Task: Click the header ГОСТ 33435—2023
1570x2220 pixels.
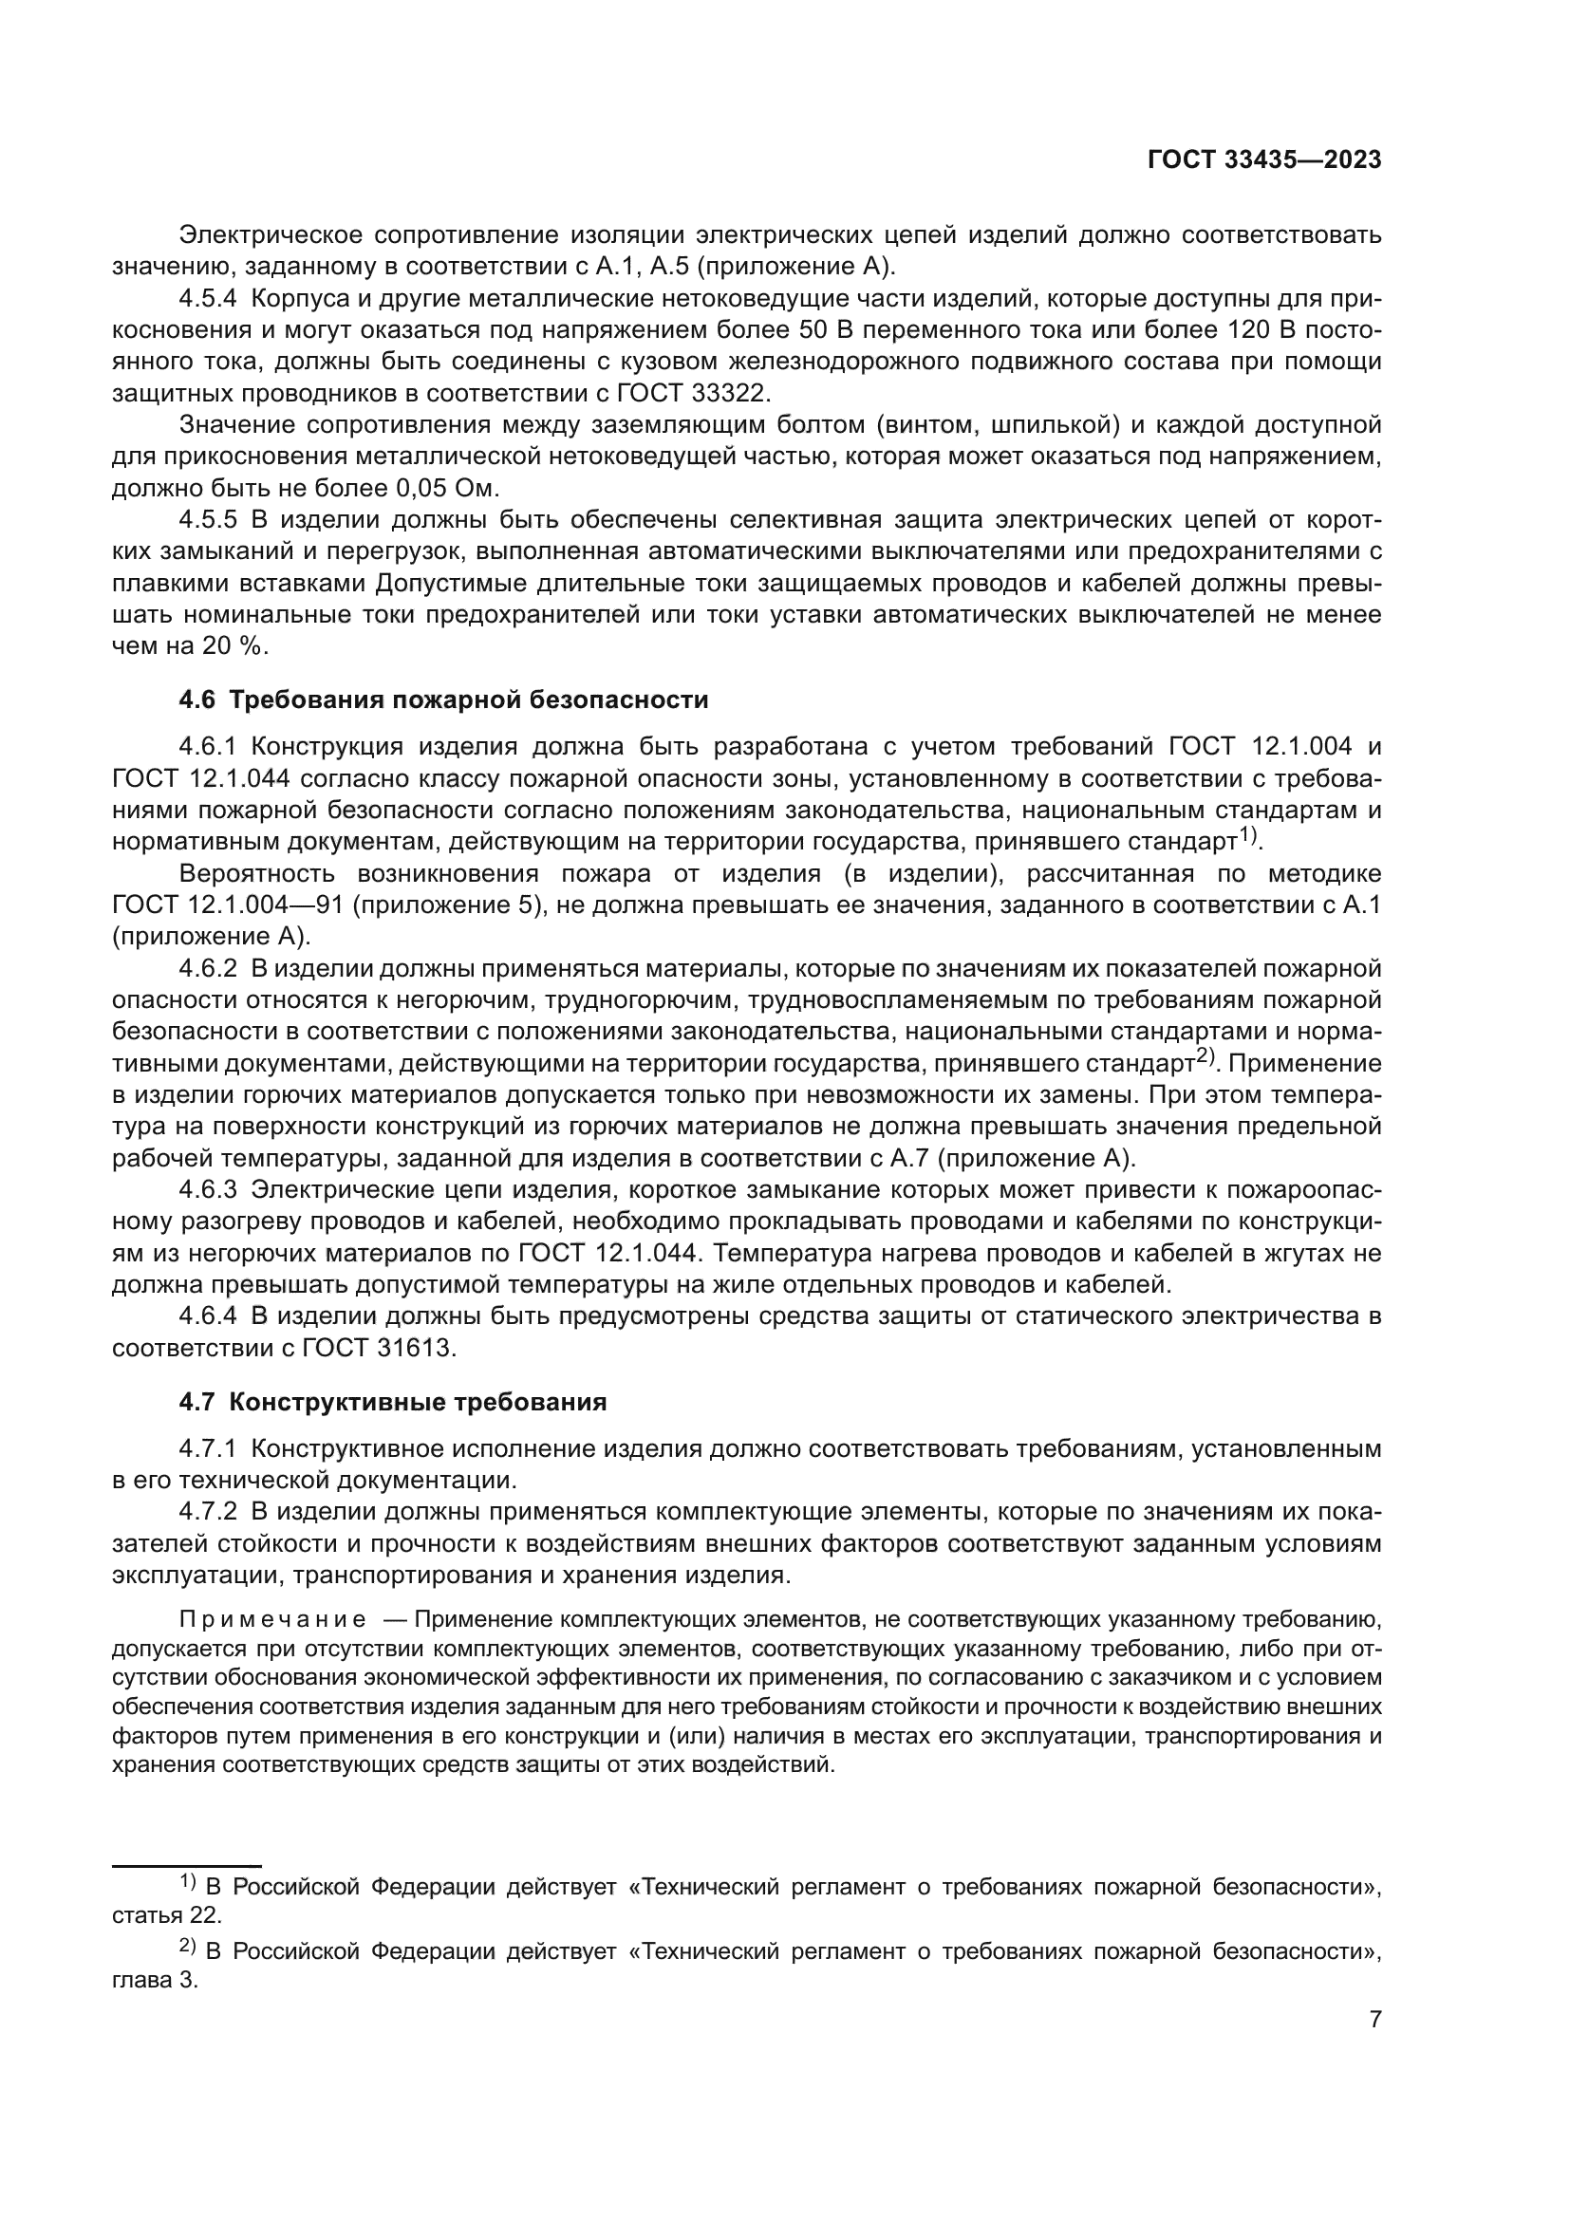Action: coord(1264,160)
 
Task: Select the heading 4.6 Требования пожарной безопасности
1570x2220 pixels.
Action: coord(443,700)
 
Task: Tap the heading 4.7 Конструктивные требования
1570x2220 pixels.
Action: coord(393,1402)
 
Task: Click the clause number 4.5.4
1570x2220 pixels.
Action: coord(208,299)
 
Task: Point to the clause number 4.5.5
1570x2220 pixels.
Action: coord(208,520)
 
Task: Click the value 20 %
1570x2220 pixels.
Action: coord(234,646)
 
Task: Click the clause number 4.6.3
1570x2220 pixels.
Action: coord(208,1190)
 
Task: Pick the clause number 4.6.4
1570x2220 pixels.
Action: coord(208,1315)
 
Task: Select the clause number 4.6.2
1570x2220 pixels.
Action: coord(208,969)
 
